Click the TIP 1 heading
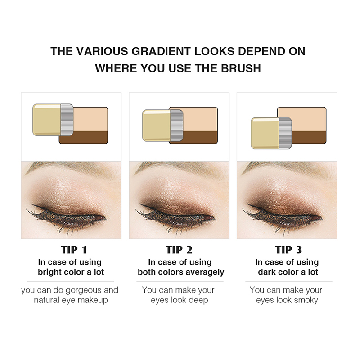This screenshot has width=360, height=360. click(74, 250)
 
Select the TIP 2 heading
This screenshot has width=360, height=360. click(179, 250)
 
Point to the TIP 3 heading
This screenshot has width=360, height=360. click(288, 250)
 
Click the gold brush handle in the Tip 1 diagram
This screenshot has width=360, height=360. click(47, 120)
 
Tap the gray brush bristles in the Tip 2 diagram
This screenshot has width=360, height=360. click(176, 126)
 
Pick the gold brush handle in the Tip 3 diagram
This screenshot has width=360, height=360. click(265, 133)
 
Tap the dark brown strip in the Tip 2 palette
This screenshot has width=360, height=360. click(200, 137)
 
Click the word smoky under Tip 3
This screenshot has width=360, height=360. click(306, 300)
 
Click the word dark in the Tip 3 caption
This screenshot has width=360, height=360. click(267, 272)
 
